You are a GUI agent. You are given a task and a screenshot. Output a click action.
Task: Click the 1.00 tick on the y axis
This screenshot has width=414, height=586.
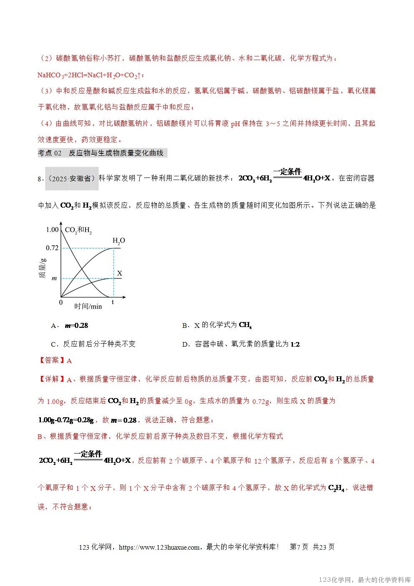point(52,230)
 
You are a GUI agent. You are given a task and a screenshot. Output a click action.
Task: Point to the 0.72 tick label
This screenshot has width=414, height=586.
point(52,248)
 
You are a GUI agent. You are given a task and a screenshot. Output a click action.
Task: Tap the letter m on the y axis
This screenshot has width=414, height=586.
point(54,279)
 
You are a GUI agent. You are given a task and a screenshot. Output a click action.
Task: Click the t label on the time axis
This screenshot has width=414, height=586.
point(113,302)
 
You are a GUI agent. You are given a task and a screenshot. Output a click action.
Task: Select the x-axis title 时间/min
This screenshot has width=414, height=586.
point(88,306)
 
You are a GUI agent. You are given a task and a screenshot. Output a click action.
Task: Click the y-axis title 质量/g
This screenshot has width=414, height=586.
point(42,268)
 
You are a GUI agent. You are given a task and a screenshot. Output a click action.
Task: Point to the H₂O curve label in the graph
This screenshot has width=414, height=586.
point(119,241)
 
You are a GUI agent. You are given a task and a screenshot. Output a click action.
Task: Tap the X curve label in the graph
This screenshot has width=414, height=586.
point(120,274)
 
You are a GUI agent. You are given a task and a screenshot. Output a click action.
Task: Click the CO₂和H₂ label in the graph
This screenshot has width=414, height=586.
point(78,230)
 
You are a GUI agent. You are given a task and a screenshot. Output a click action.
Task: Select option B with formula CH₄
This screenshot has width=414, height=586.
point(217,325)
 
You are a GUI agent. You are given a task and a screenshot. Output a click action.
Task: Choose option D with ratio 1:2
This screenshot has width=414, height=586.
point(241,344)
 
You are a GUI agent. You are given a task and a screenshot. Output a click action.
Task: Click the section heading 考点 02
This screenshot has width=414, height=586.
point(50,153)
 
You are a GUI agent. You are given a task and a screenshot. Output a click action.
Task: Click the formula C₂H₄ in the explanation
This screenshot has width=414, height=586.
point(336,488)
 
